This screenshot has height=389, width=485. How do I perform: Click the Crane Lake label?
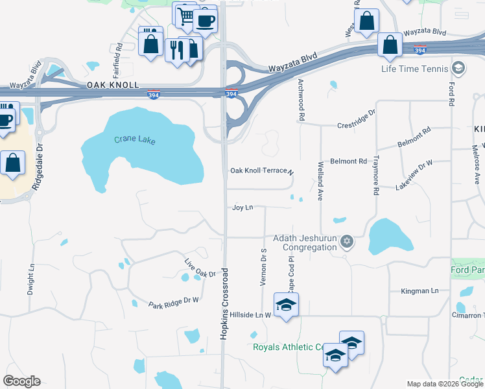click(135, 139)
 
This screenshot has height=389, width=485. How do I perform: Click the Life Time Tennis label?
click(415, 69)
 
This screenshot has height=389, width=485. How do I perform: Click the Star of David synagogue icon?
click(347, 242)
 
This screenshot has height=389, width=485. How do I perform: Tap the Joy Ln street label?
click(242, 207)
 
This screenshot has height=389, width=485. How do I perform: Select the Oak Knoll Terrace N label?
click(262, 171)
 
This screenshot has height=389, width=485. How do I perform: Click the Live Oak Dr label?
click(200, 269)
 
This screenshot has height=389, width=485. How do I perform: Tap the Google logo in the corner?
click(21, 381)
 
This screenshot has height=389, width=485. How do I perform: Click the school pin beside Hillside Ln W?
click(286, 305)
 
